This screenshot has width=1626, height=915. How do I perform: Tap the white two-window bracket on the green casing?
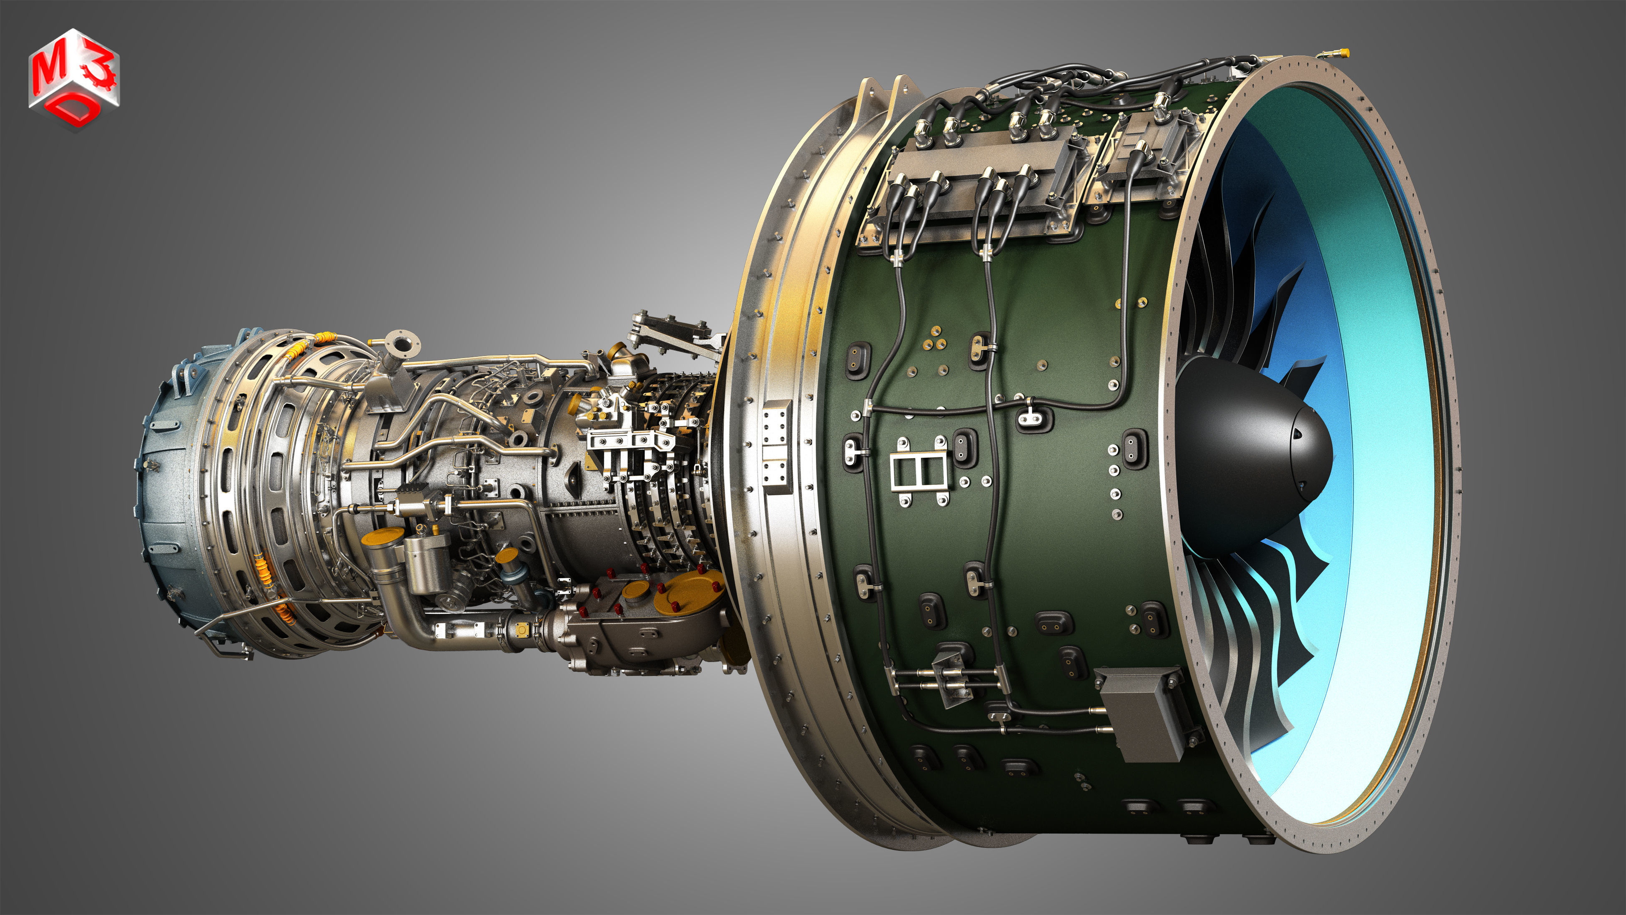pyautogui.click(x=919, y=471)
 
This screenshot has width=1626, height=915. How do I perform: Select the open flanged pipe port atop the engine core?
pyautogui.click(x=402, y=345)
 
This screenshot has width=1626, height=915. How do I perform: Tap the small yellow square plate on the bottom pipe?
pyautogui.click(x=522, y=630)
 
